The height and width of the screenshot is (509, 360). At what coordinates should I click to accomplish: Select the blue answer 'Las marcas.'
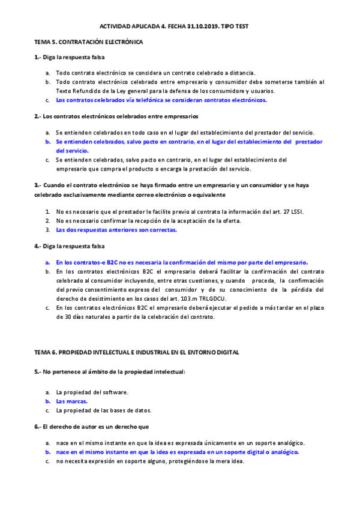click(71, 401)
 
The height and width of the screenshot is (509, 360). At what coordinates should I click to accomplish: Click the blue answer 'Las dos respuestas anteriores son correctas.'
click(116, 229)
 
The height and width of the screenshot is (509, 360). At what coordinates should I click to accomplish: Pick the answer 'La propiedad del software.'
click(92, 392)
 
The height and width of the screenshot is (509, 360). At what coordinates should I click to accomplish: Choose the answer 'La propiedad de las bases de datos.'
click(103, 411)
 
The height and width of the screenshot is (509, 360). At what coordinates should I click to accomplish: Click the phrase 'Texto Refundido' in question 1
click(77, 91)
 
